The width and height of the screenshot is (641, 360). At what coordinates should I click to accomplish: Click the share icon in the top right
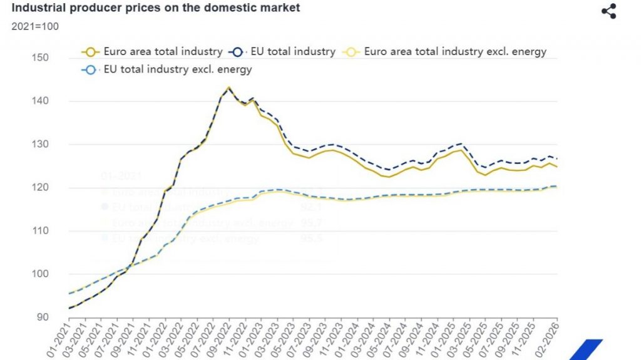click(608, 11)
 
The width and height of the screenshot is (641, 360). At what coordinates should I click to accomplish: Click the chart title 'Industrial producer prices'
click(156, 8)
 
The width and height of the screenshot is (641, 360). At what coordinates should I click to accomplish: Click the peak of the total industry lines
click(228, 88)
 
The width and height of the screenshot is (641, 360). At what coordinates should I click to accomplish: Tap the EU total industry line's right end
click(557, 158)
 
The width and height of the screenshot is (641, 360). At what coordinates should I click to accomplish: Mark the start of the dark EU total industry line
click(69, 308)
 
